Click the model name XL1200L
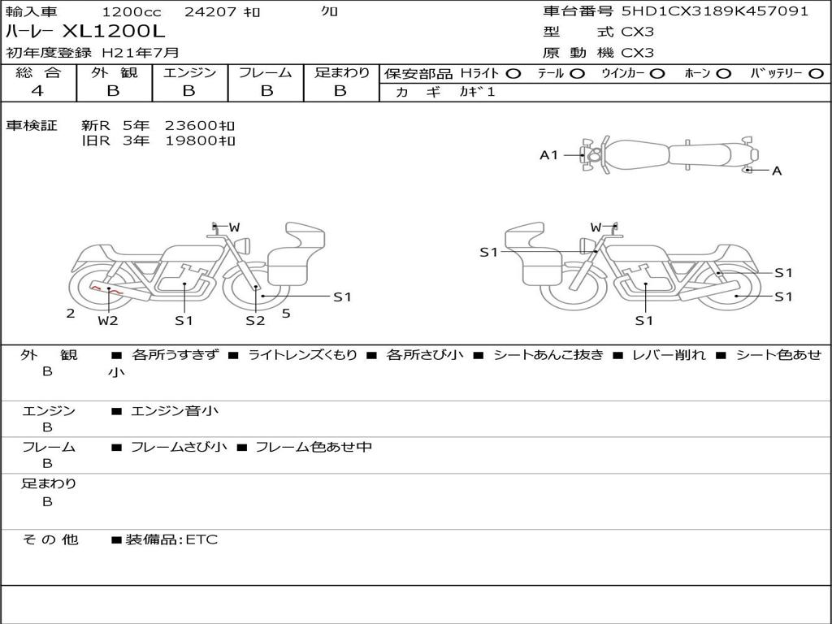[x=114, y=32]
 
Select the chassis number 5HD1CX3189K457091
[x=715, y=11]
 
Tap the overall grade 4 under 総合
[x=37, y=91]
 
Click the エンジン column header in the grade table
[x=189, y=72]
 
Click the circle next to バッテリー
[x=817, y=74]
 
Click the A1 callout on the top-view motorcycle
[x=548, y=155]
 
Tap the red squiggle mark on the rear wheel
[x=106, y=289]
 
